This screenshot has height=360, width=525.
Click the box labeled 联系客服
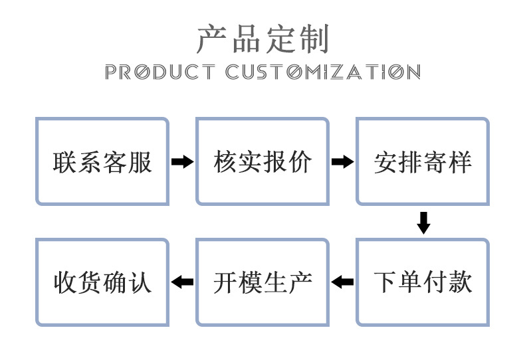102,161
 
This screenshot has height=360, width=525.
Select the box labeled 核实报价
262,161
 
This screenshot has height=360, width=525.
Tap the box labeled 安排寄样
423,161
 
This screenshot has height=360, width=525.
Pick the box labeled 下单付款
423,282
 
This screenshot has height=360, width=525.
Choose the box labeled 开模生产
262,282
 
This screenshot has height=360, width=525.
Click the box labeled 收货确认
102,282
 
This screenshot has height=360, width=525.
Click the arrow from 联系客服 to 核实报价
182,162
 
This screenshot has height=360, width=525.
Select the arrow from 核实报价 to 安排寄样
342,162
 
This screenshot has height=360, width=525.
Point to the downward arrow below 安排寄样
423,223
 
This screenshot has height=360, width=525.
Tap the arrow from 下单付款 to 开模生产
342,282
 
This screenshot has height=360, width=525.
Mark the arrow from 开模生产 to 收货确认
182,282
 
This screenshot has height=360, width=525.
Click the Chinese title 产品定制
262,39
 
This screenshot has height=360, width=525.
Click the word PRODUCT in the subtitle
160,72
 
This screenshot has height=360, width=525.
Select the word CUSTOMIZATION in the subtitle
323,72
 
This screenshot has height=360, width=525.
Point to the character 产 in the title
211,39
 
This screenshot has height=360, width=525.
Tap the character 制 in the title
314,39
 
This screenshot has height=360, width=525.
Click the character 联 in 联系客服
65,162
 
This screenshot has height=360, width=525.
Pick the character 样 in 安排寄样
460,162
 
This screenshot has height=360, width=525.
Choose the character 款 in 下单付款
460,282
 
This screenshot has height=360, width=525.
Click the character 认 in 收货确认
140,282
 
